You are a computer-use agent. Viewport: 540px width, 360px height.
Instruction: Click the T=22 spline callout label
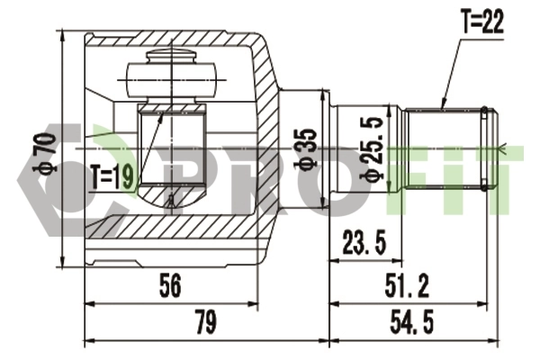click(x=482, y=22)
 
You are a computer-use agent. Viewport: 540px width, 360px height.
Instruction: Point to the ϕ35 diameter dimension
click(x=306, y=148)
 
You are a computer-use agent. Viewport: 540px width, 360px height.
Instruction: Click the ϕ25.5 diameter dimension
click(x=372, y=148)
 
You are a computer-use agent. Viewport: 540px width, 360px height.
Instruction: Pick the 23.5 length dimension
click(x=364, y=242)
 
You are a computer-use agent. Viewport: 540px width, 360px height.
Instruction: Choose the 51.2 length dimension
click(x=407, y=286)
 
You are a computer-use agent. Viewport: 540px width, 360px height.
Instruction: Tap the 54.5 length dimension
click(x=412, y=322)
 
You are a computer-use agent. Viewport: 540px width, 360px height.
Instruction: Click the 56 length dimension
click(x=170, y=286)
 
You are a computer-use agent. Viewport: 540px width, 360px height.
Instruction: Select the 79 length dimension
click(x=206, y=322)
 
